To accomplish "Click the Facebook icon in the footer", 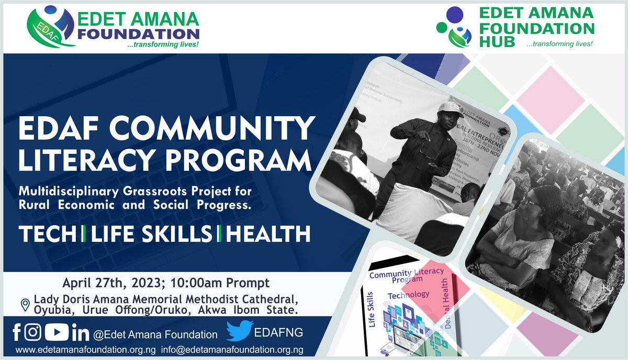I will pos(16,331).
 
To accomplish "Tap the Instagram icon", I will pos(33,332).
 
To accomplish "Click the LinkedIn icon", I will pos(77,332).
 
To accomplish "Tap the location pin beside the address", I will pos(24,305).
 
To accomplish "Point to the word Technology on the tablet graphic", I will pos(408,295).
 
